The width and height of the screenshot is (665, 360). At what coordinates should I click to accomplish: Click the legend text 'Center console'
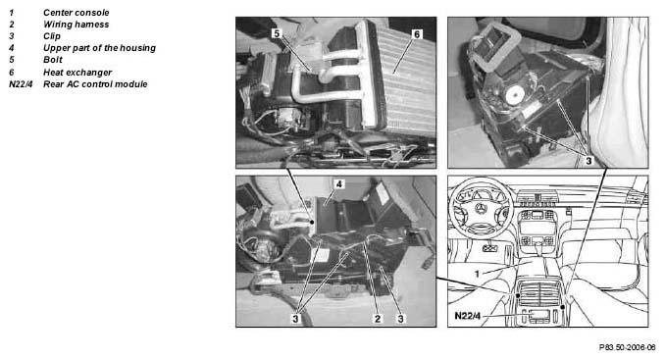pyautogui.click(x=76, y=13)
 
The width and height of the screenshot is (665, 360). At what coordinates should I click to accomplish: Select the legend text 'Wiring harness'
pyautogui.click(x=76, y=25)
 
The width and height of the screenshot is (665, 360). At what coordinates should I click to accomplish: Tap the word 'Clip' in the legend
pyautogui.click(x=52, y=36)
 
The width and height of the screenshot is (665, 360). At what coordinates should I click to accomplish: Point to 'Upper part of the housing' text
pyautogui.click(x=99, y=48)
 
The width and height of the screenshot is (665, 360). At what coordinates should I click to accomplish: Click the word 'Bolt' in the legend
pyautogui.click(x=53, y=60)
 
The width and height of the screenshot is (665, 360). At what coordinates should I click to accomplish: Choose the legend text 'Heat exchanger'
pyautogui.click(x=77, y=73)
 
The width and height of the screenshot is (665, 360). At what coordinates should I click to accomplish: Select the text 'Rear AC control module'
pyautogui.click(x=95, y=84)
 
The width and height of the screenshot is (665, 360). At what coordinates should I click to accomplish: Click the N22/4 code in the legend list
pyautogui.click(x=21, y=84)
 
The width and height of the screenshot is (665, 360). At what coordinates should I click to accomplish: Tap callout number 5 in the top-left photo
pyautogui.click(x=277, y=33)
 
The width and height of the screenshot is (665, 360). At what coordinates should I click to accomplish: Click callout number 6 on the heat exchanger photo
pyautogui.click(x=417, y=34)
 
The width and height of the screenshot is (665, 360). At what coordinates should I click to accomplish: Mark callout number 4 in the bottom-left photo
pyautogui.click(x=338, y=184)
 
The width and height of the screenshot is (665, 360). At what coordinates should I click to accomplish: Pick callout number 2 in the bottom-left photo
pyautogui.click(x=377, y=319)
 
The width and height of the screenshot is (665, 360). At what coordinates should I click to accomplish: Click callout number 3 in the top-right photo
pyautogui.click(x=588, y=161)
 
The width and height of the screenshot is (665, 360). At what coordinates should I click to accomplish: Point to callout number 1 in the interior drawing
pyautogui.click(x=477, y=274)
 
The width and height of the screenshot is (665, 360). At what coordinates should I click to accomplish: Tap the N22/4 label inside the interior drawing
pyautogui.click(x=468, y=316)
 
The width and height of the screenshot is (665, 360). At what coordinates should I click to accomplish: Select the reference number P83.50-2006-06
pyautogui.click(x=628, y=347)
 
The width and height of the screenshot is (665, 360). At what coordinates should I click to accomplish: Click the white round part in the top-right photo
pyautogui.click(x=515, y=95)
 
